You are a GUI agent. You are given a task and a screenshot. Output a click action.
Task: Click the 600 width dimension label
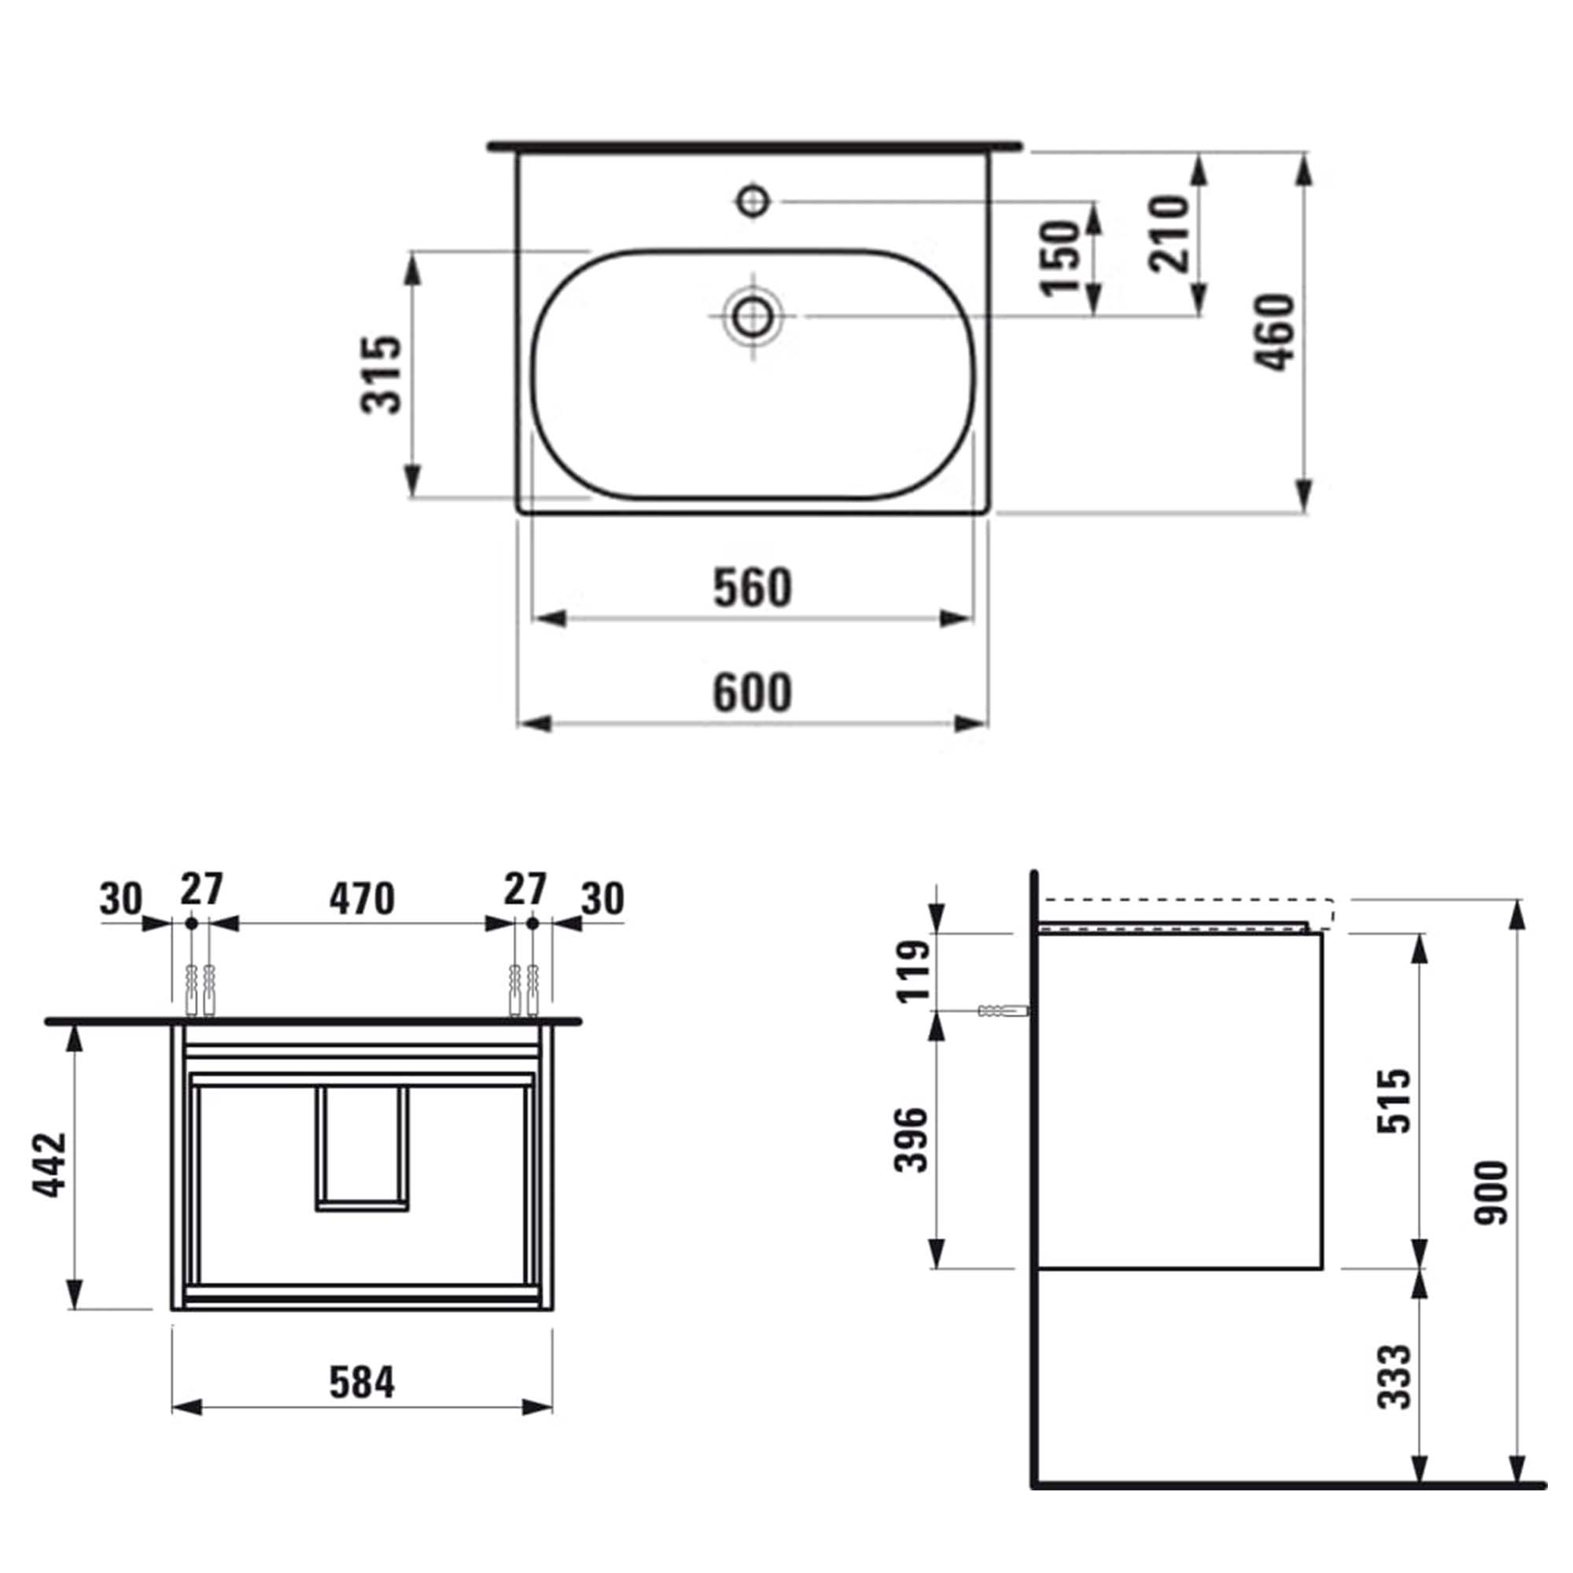coord(753,693)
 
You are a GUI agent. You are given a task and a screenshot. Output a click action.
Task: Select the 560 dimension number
coord(753,588)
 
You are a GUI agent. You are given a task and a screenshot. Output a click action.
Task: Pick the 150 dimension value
coord(1060,256)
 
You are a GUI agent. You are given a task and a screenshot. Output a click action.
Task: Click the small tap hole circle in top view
coord(753,200)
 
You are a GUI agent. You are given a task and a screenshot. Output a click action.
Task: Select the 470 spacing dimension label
coord(362,899)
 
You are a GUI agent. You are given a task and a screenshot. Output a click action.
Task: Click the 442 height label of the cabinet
coord(50,1163)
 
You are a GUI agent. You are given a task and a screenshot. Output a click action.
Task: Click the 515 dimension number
coord(1393,1101)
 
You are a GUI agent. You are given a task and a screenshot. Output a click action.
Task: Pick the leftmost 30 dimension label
coord(121,900)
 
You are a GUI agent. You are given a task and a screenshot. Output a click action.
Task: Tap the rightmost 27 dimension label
coord(525,888)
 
